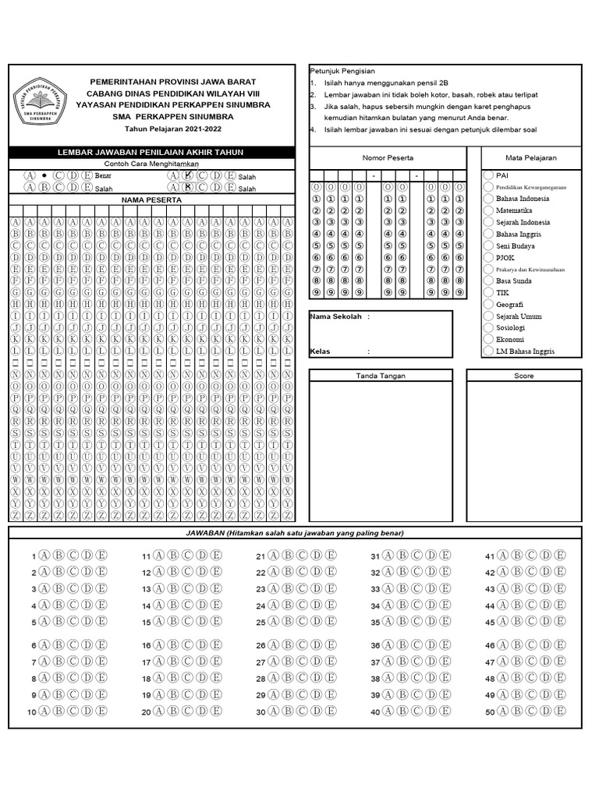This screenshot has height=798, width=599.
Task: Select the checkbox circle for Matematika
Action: pyautogui.click(x=487, y=210)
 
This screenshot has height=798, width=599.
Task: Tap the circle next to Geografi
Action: pyautogui.click(x=487, y=305)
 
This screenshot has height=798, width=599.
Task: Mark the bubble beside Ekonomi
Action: pyautogui.click(x=487, y=340)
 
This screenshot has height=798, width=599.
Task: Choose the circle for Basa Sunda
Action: pyautogui.click(x=487, y=281)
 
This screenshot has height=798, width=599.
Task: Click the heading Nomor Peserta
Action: pyautogui.click(x=388, y=158)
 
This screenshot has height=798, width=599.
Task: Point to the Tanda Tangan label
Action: pyautogui.click(x=381, y=376)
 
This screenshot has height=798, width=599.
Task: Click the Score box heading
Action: pyautogui.click(x=523, y=376)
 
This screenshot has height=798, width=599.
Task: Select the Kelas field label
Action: pyautogui.click(x=320, y=351)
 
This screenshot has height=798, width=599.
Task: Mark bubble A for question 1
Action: pyautogui.click(x=44, y=555)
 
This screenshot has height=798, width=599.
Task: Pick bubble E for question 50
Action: pyautogui.click(x=559, y=710)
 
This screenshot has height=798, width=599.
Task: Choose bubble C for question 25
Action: pyautogui.click(x=303, y=621)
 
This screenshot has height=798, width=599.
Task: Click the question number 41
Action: pyautogui.click(x=490, y=556)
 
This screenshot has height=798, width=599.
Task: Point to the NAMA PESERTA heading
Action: pyautogui.click(x=152, y=200)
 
